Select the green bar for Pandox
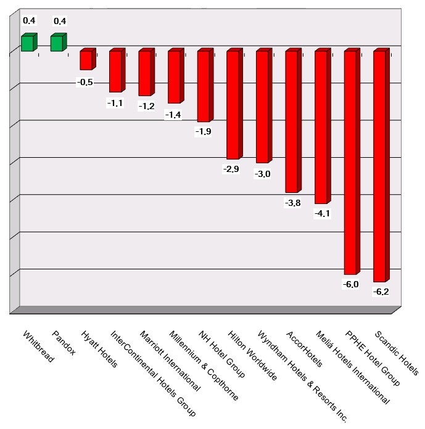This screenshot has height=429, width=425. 57,43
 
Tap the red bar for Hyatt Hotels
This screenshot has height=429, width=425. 86,60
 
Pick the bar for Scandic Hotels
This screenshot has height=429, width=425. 380,165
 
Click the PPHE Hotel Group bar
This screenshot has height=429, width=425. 350,161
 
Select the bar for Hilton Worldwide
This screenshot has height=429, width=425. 233,104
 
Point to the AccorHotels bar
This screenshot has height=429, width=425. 292,121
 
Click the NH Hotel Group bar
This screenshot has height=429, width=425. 204,86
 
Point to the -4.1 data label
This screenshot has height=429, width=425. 322,213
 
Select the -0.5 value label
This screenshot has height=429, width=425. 85,82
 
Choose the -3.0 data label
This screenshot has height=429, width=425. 263,174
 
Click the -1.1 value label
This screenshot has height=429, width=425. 115,103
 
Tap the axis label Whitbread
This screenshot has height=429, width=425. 38,347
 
